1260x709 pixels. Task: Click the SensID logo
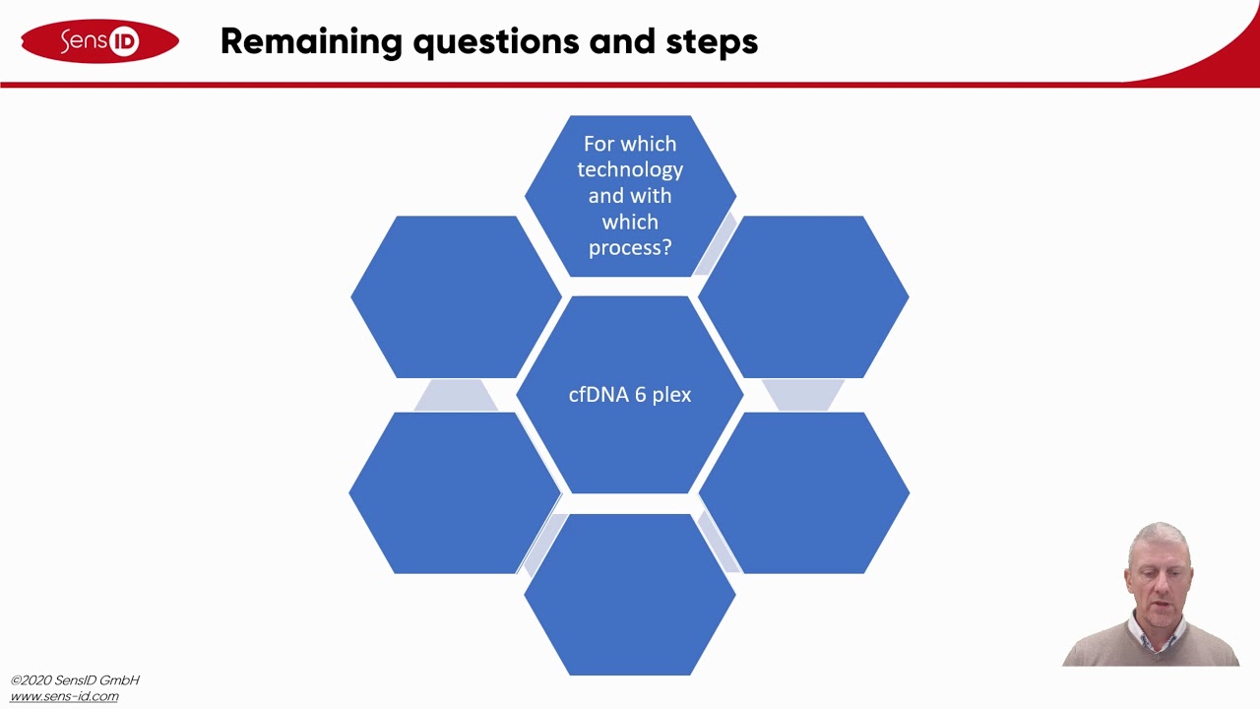(x=99, y=41)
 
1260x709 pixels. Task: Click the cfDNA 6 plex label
(x=630, y=395)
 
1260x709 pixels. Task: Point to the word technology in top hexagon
(x=630, y=169)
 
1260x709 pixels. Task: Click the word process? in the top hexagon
(x=630, y=247)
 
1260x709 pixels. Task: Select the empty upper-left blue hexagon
(x=456, y=296)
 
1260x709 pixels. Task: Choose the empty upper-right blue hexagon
(x=803, y=296)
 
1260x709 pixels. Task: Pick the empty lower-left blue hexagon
(x=455, y=492)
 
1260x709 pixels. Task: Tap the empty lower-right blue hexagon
(x=803, y=492)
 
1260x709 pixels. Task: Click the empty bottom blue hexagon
(x=630, y=595)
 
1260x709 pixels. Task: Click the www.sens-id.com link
(x=64, y=696)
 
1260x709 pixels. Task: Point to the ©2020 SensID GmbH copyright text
(x=75, y=679)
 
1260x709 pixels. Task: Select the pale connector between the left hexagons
(x=455, y=396)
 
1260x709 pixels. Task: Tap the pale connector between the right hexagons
(x=802, y=395)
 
